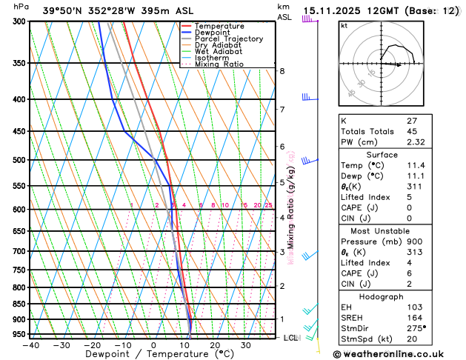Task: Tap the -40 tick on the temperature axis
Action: [x=30, y=345]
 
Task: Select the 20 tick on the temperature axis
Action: [x=215, y=345]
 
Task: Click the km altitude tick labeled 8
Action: [x=282, y=71]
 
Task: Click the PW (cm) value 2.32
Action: [x=435, y=141]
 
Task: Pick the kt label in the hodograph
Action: [x=344, y=26]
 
